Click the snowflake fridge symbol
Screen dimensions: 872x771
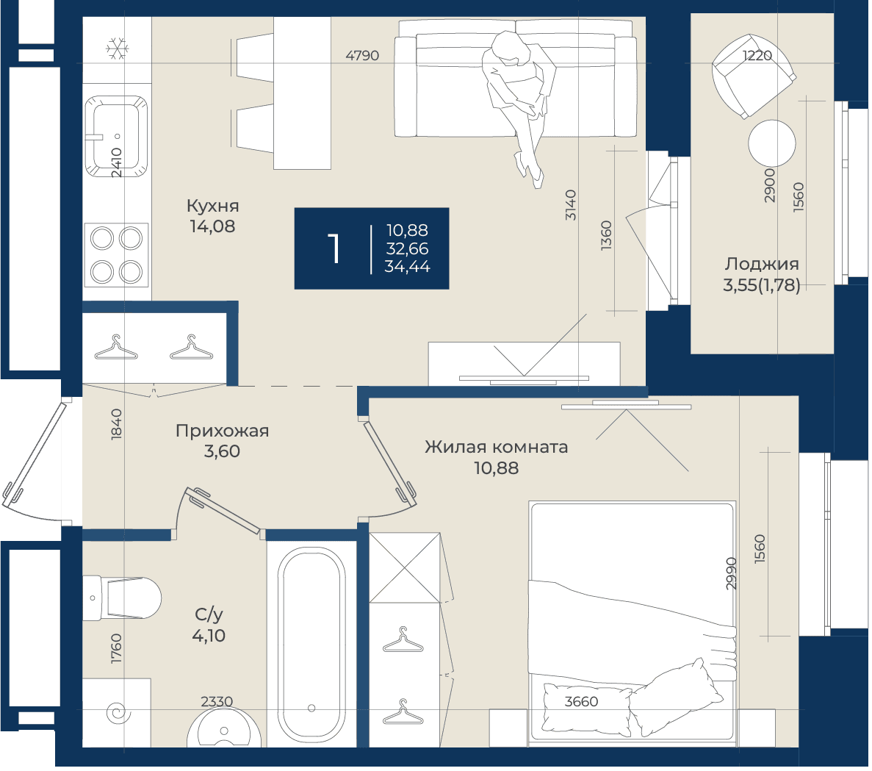[118, 49]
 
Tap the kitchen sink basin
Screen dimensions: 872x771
[116, 136]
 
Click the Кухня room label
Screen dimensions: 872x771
[213, 206]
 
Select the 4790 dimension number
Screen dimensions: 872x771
[362, 56]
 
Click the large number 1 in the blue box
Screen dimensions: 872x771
[334, 248]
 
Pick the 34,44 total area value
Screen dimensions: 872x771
[408, 267]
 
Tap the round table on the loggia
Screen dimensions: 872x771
[772, 143]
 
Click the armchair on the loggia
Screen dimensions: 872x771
[753, 76]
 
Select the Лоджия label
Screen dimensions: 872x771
[762, 264]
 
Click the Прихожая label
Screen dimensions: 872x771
[223, 431]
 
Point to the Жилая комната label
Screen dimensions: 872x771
[497, 447]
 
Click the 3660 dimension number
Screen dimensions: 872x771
[581, 702]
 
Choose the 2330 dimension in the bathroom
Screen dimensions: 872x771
[217, 702]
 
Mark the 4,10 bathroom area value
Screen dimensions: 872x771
[209, 636]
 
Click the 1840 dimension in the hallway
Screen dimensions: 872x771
[116, 424]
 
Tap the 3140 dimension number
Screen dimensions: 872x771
[571, 205]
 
